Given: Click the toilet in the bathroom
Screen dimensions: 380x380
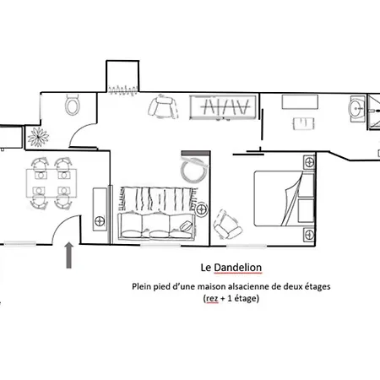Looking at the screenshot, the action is [x=73, y=105].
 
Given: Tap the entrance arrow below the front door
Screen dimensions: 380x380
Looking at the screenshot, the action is [x=69, y=255].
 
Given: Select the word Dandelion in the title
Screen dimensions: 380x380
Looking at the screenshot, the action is [x=238, y=268].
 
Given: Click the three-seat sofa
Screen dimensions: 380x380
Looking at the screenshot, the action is [x=156, y=226].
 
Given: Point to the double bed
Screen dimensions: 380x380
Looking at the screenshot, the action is [x=284, y=198].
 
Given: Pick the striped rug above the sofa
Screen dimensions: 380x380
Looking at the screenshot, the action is [x=159, y=198].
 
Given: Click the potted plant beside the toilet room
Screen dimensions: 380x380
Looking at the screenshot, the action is [x=38, y=137].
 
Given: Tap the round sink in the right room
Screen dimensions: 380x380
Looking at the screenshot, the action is [x=357, y=108].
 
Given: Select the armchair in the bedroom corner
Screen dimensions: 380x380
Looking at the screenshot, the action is [x=227, y=225].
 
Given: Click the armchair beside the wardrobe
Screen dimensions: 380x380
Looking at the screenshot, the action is [x=163, y=107].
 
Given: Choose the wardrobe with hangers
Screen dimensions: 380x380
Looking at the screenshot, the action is [x=223, y=107].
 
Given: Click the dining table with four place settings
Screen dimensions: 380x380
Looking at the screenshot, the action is [x=52, y=183].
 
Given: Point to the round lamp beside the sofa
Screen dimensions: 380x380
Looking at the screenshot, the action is [x=201, y=209].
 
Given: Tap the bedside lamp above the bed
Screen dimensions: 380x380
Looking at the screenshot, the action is [x=309, y=162].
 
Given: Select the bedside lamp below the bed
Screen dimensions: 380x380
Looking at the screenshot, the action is [x=309, y=235].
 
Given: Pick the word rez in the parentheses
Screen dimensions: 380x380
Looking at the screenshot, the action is [x=212, y=298].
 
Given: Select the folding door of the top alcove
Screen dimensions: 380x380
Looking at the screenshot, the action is [x=123, y=90].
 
